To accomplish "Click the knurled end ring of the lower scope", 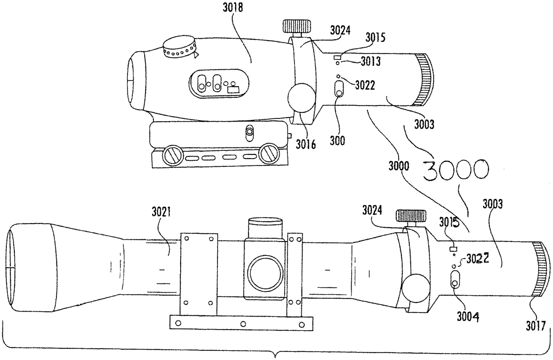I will click(x=540, y=269).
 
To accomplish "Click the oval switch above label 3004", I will click(x=455, y=280).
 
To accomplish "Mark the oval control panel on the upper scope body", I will click(x=218, y=83).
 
